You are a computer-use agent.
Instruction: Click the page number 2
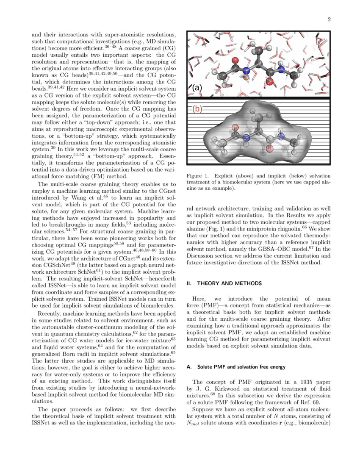click(x=329, y=19)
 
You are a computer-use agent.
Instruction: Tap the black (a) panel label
click(x=197, y=88)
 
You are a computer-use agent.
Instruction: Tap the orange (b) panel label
click(x=197, y=108)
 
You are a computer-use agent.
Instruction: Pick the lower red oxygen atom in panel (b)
click(x=270, y=148)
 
